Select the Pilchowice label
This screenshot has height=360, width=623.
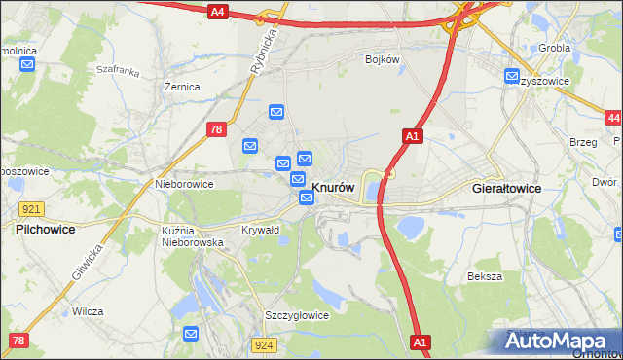46,229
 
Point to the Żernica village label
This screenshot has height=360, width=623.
182,87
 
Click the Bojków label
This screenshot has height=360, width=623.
383,59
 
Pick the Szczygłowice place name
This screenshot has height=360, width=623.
297,315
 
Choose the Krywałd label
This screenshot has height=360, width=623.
260,230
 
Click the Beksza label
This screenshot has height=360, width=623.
484,276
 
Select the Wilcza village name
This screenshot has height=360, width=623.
88,311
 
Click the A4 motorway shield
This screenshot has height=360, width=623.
217,12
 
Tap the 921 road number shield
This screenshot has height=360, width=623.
30,209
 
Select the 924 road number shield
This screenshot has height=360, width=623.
262,345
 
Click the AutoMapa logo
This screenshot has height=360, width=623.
559,341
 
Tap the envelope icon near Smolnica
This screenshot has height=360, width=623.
27,65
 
